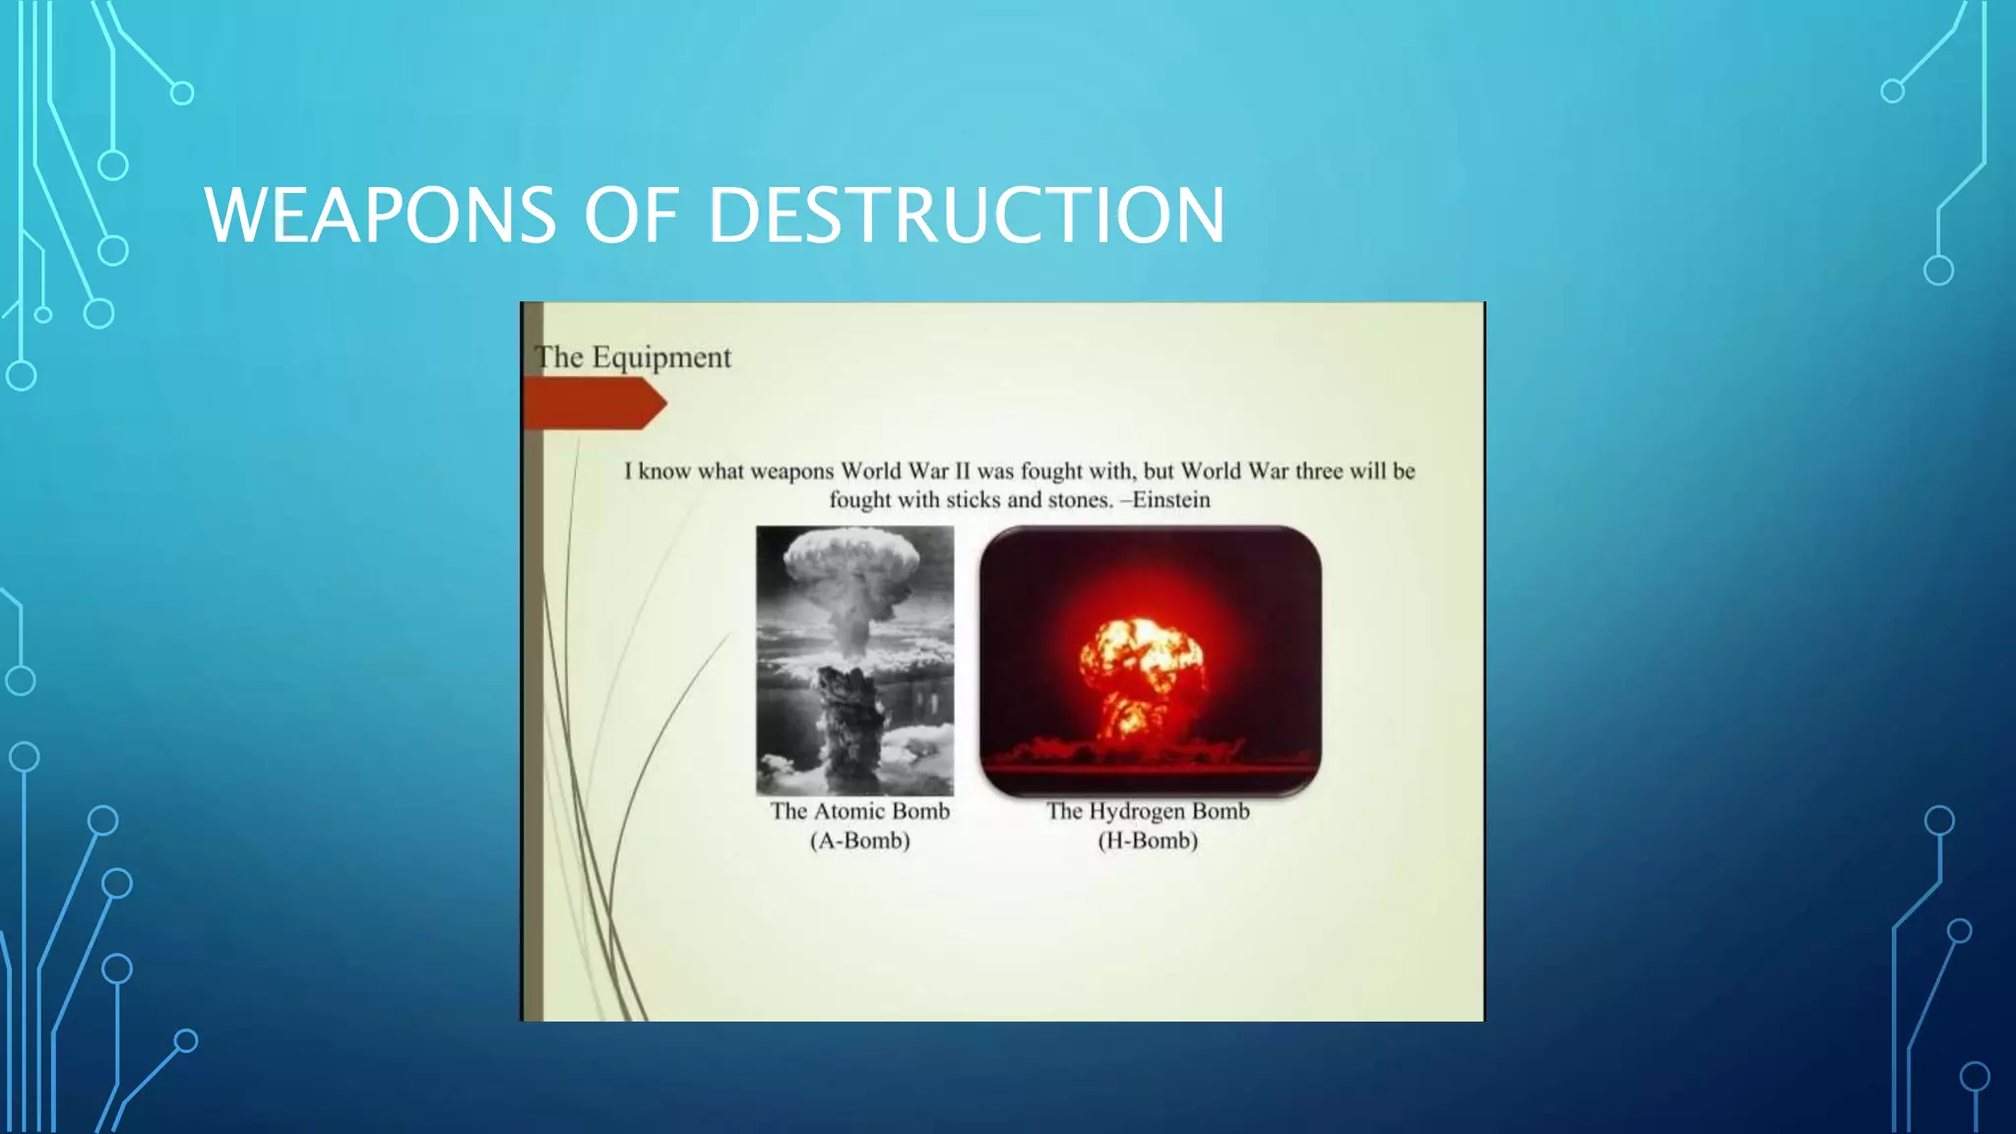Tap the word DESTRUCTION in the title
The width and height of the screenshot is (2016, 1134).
[x=967, y=215]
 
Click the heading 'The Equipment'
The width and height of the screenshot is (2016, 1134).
[x=633, y=357]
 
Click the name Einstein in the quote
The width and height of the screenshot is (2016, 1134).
[x=1170, y=500]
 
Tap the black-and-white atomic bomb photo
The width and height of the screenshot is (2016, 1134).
[x=854, y=660]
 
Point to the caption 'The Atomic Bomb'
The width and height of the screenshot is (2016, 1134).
[x=859, y=811]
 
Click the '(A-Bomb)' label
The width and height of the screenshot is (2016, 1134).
[x=859, y=841]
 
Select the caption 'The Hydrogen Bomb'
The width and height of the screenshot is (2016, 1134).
[x=1148, y=811]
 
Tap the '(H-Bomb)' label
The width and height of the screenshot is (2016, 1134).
[x=1148, y=841]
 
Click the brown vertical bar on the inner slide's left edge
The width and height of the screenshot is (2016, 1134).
[x=533, y=689]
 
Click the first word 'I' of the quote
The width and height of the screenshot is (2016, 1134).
[x=628, y=472]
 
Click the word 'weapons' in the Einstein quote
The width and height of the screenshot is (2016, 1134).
[x=791, y=472]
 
